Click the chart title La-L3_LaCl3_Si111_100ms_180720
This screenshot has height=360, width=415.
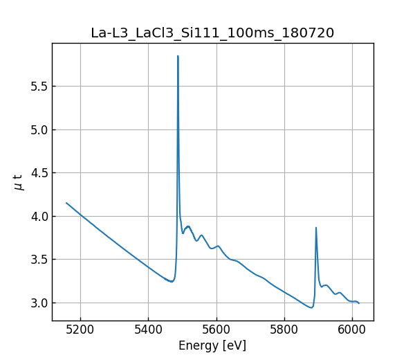[212, 33]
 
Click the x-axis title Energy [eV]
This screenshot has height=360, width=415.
[212, 345]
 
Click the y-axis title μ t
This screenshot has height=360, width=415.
[19, 182]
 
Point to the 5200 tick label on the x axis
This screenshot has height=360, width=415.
[80, 330]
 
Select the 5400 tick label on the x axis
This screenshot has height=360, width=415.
[148, 330]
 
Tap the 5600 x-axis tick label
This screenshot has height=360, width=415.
[216, 330]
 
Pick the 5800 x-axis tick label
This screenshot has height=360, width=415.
[284, 330]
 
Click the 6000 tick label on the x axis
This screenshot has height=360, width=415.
[352, 330]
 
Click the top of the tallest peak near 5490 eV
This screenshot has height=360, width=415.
[178, 56]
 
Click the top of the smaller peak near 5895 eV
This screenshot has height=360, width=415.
[316, 228]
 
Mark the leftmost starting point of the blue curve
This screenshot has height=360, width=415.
[66, 203]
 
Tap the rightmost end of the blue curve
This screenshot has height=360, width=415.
[359, 303]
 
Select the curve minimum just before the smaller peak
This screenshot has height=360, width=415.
[311, 307]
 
